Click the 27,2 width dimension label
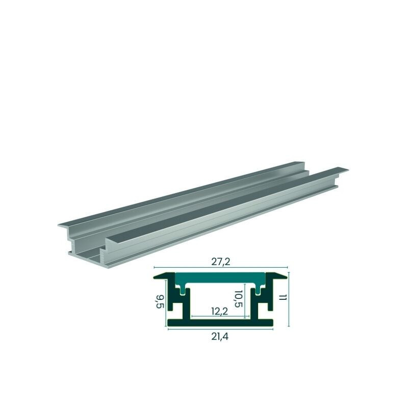tap(221, 262)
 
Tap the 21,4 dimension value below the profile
tap(220, 337)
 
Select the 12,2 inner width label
tap(220, 311)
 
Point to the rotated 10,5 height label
tap(238, 299)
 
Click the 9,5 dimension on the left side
tap(160, 301)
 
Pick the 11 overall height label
tap(283, 298)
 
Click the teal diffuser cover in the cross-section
tap(220, 278)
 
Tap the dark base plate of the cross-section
tap(220, 323)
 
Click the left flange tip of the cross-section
tap(155, 277)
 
